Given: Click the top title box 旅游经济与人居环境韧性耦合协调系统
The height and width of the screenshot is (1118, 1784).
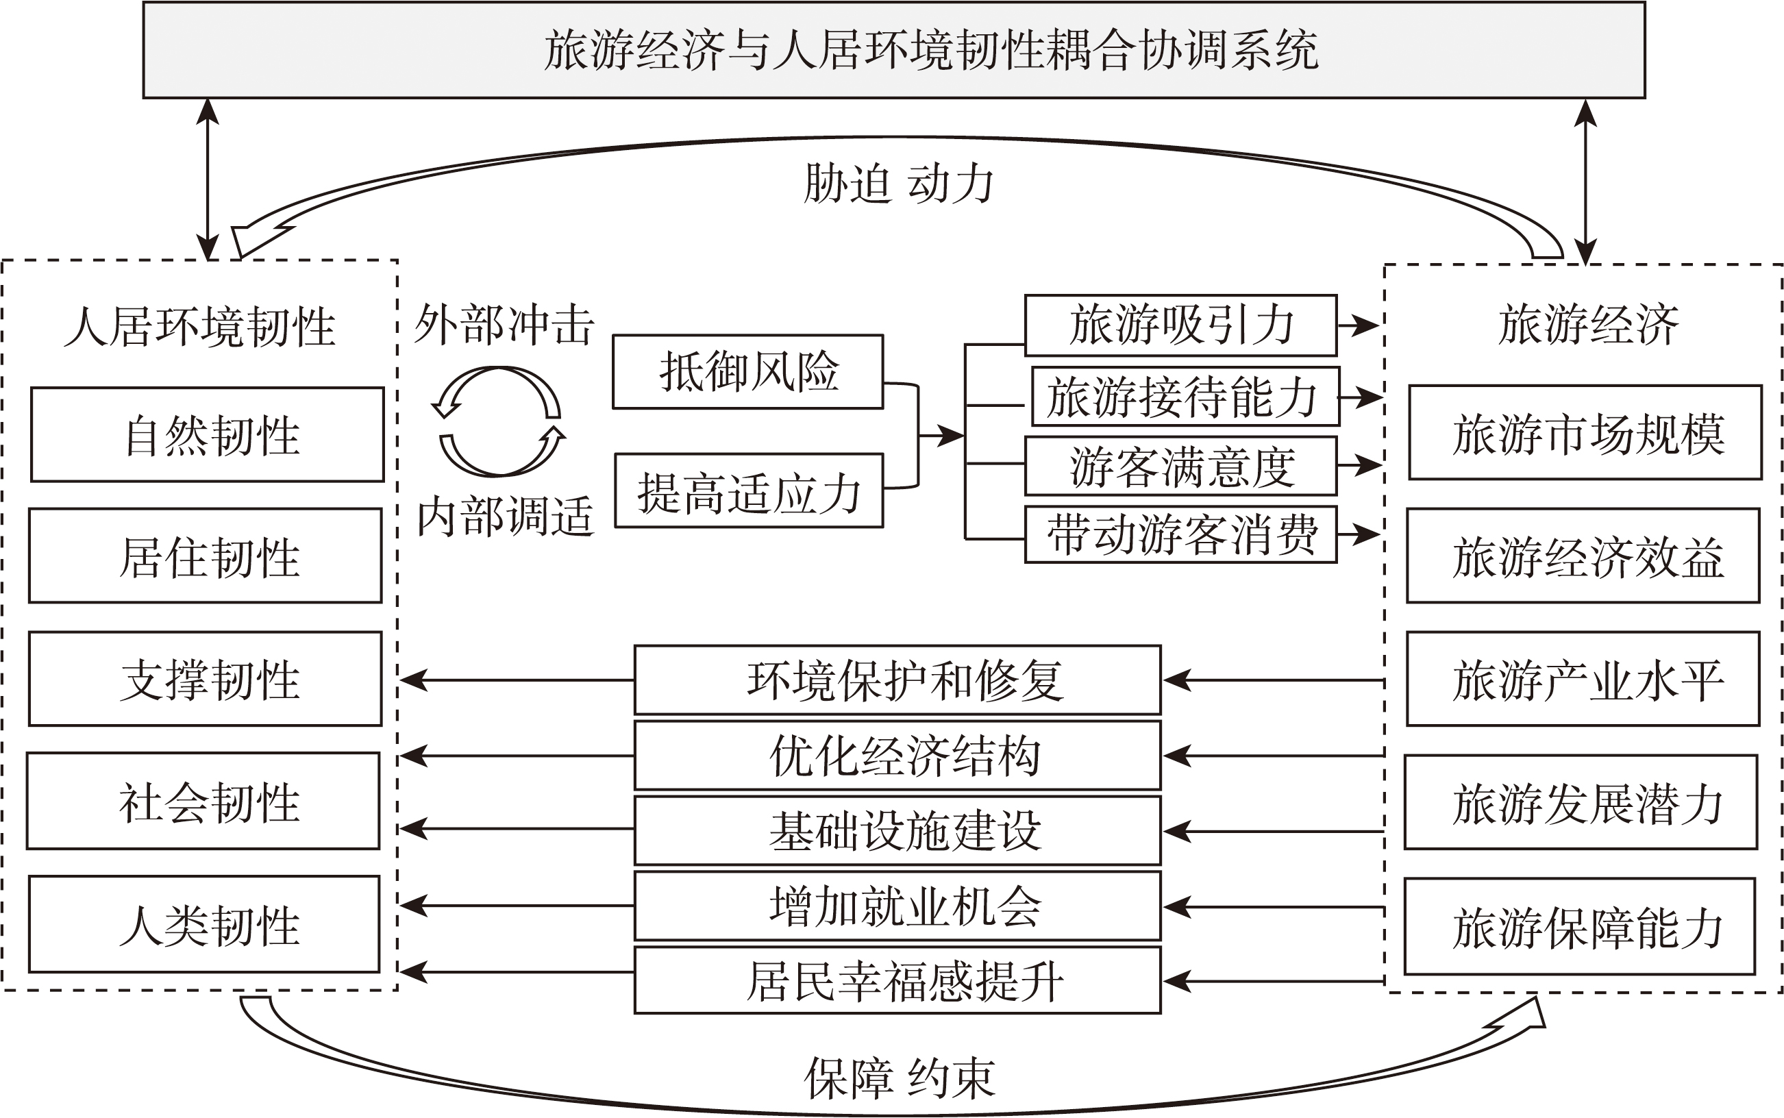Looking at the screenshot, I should (x=893, y=49).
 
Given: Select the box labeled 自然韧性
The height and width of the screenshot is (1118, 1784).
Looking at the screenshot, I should (x=207, y=435).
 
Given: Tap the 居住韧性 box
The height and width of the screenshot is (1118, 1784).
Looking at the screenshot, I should (x=206, y=556).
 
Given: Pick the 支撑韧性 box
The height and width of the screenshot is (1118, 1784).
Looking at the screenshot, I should (x=206, y=679).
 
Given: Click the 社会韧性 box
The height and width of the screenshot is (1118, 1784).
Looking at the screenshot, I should (x=203, y=801).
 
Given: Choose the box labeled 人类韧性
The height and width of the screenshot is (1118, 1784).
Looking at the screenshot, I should (x=204, y=924).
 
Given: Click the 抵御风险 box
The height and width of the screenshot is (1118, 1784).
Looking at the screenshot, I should (x=747, y=372).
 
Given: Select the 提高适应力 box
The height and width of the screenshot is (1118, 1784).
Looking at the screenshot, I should (x=749, y=491).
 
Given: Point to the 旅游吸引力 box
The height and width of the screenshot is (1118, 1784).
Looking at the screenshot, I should (x=1180, y=325).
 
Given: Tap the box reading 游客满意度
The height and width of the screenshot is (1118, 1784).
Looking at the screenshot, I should (x=1180, y=467).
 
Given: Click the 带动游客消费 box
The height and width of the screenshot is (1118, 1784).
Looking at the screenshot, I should (x=1180, y=534).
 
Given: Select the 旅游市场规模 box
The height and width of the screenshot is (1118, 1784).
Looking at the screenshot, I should (x=1585, y=434).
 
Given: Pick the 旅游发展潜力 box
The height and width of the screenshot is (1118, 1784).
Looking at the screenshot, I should (x=1581, y=802).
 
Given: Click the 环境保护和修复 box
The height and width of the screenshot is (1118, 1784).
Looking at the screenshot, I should (x=897, y=680).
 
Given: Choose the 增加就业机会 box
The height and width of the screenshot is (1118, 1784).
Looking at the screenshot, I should (x=897, y=906).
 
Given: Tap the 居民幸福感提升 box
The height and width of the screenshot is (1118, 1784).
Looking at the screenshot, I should (x=897, y=981).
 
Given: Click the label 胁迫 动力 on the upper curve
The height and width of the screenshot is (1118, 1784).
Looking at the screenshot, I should (x=897, y=184).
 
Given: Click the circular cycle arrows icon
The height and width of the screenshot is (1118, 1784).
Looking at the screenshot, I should (x=499, y=421).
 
